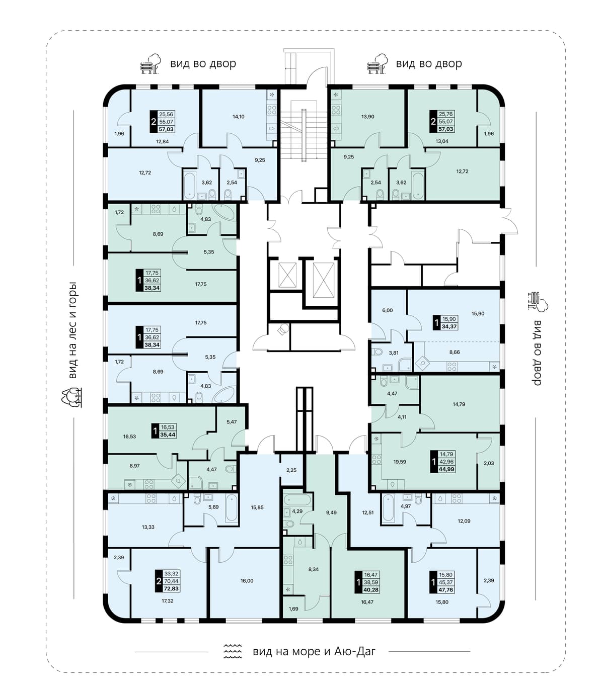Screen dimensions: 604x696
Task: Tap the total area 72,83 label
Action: coord(171,588)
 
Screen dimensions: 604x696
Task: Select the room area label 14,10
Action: coord(238,117)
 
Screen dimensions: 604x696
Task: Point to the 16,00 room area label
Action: coord(247,581)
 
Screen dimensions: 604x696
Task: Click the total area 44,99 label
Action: coord(446,469)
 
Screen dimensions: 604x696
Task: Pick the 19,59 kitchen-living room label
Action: coord(400,462)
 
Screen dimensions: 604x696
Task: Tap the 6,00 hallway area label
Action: coord(387,310)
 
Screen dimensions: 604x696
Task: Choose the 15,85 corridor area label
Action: coord(257,507)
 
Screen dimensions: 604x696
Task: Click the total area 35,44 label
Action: coord(168,434)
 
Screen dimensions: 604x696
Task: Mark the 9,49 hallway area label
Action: coord(331,512)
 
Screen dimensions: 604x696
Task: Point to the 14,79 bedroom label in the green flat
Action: coord(459,404)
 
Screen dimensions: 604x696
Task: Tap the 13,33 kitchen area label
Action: coord(148,527)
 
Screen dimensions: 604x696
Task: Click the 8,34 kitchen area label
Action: coord(313,569)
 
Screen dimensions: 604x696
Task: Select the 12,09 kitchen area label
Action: coord(464,521)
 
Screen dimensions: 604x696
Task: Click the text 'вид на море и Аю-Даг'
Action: coord(314,651)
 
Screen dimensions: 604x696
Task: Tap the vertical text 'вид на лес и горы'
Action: coord(72,330)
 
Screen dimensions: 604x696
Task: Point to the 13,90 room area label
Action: coord(368,117)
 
